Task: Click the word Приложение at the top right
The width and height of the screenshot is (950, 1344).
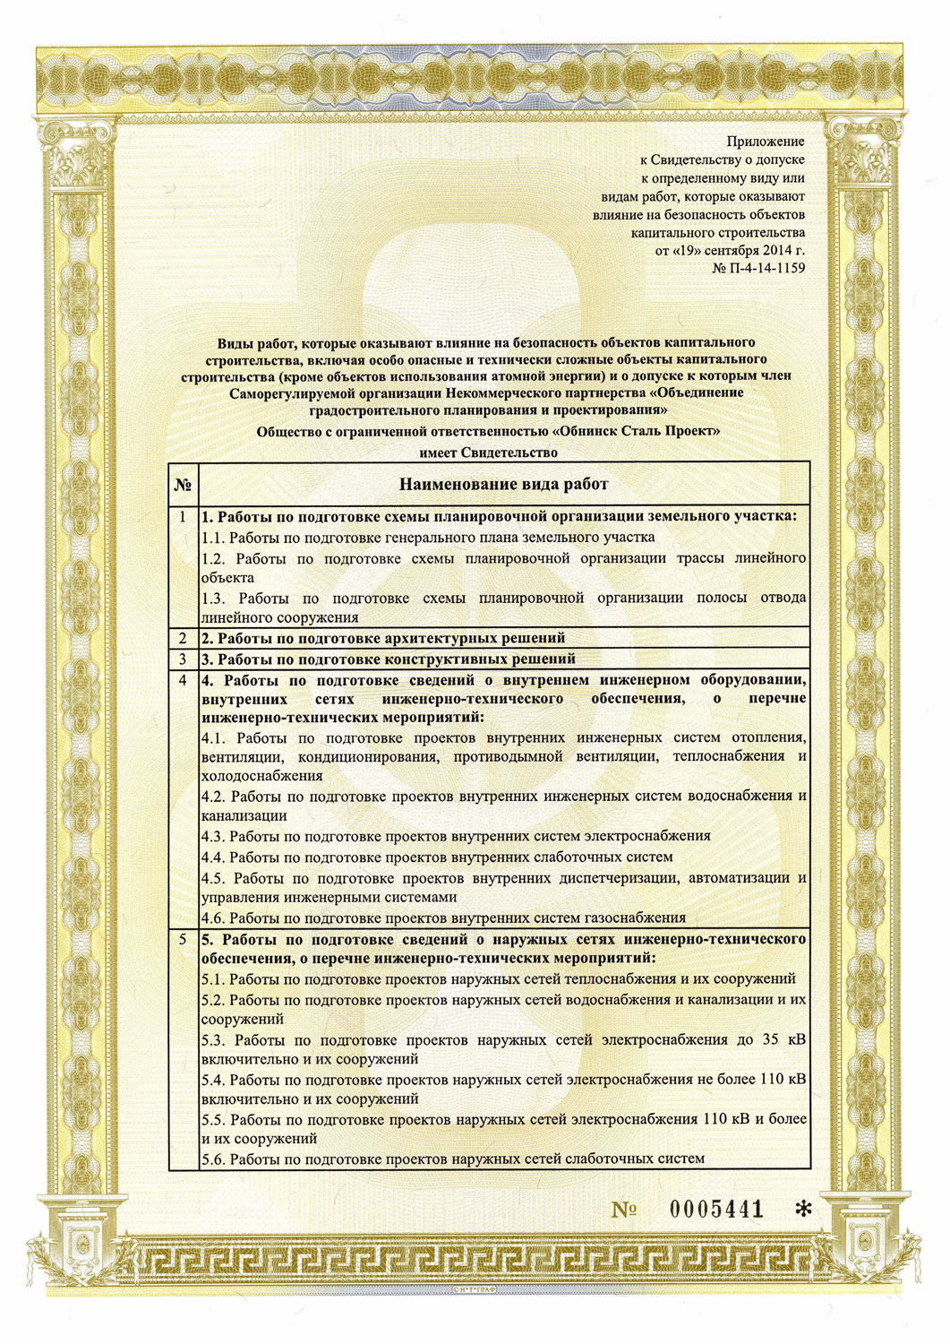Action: pos(765,141)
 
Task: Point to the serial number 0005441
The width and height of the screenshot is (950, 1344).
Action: pos(716,1209)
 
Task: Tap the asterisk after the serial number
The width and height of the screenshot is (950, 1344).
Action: pos(803,1210)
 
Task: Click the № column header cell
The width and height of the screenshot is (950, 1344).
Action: pos(183,485)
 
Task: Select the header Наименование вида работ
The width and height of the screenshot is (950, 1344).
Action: pos(503,485)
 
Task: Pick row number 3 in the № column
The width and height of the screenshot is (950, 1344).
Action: pos(183,659)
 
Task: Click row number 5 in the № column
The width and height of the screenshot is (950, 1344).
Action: pos(183,939)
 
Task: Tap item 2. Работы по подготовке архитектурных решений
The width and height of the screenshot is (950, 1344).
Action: pos(382,638)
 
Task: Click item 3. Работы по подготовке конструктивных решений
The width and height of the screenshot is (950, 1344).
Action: pos(388,659)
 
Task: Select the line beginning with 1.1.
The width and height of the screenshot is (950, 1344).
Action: pos(428,538)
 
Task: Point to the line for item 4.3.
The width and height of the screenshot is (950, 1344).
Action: pos(456,836)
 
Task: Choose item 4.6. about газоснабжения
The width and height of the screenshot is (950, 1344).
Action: pos(443,918)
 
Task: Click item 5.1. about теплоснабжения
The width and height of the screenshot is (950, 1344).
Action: pos(498,979)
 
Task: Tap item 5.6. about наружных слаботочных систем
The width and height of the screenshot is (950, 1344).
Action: pos(452,1159)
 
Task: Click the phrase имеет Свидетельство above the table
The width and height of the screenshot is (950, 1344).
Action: pos(488,452)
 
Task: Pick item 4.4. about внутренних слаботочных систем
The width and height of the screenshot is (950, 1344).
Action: pos(437,857)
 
